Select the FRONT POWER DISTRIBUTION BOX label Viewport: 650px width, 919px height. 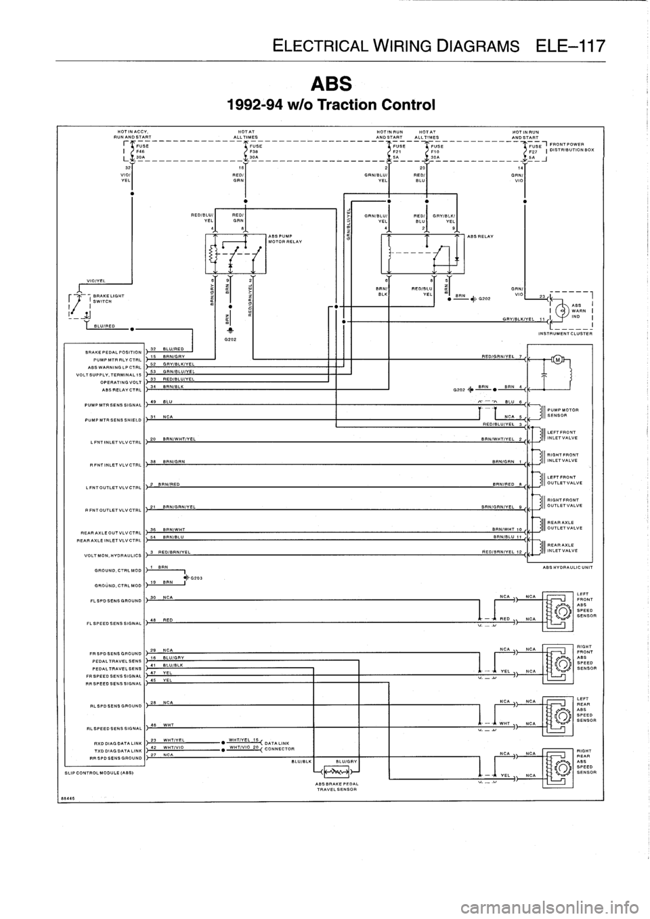(x=572, y=147)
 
